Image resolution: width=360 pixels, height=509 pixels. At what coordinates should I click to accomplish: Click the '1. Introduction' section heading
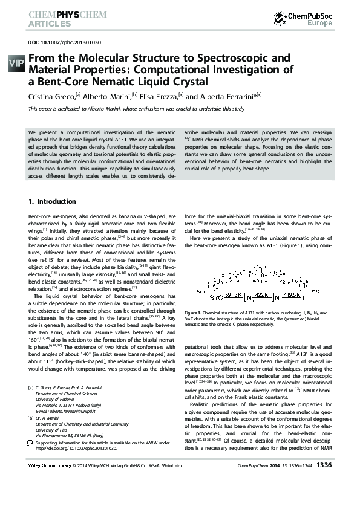53,201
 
